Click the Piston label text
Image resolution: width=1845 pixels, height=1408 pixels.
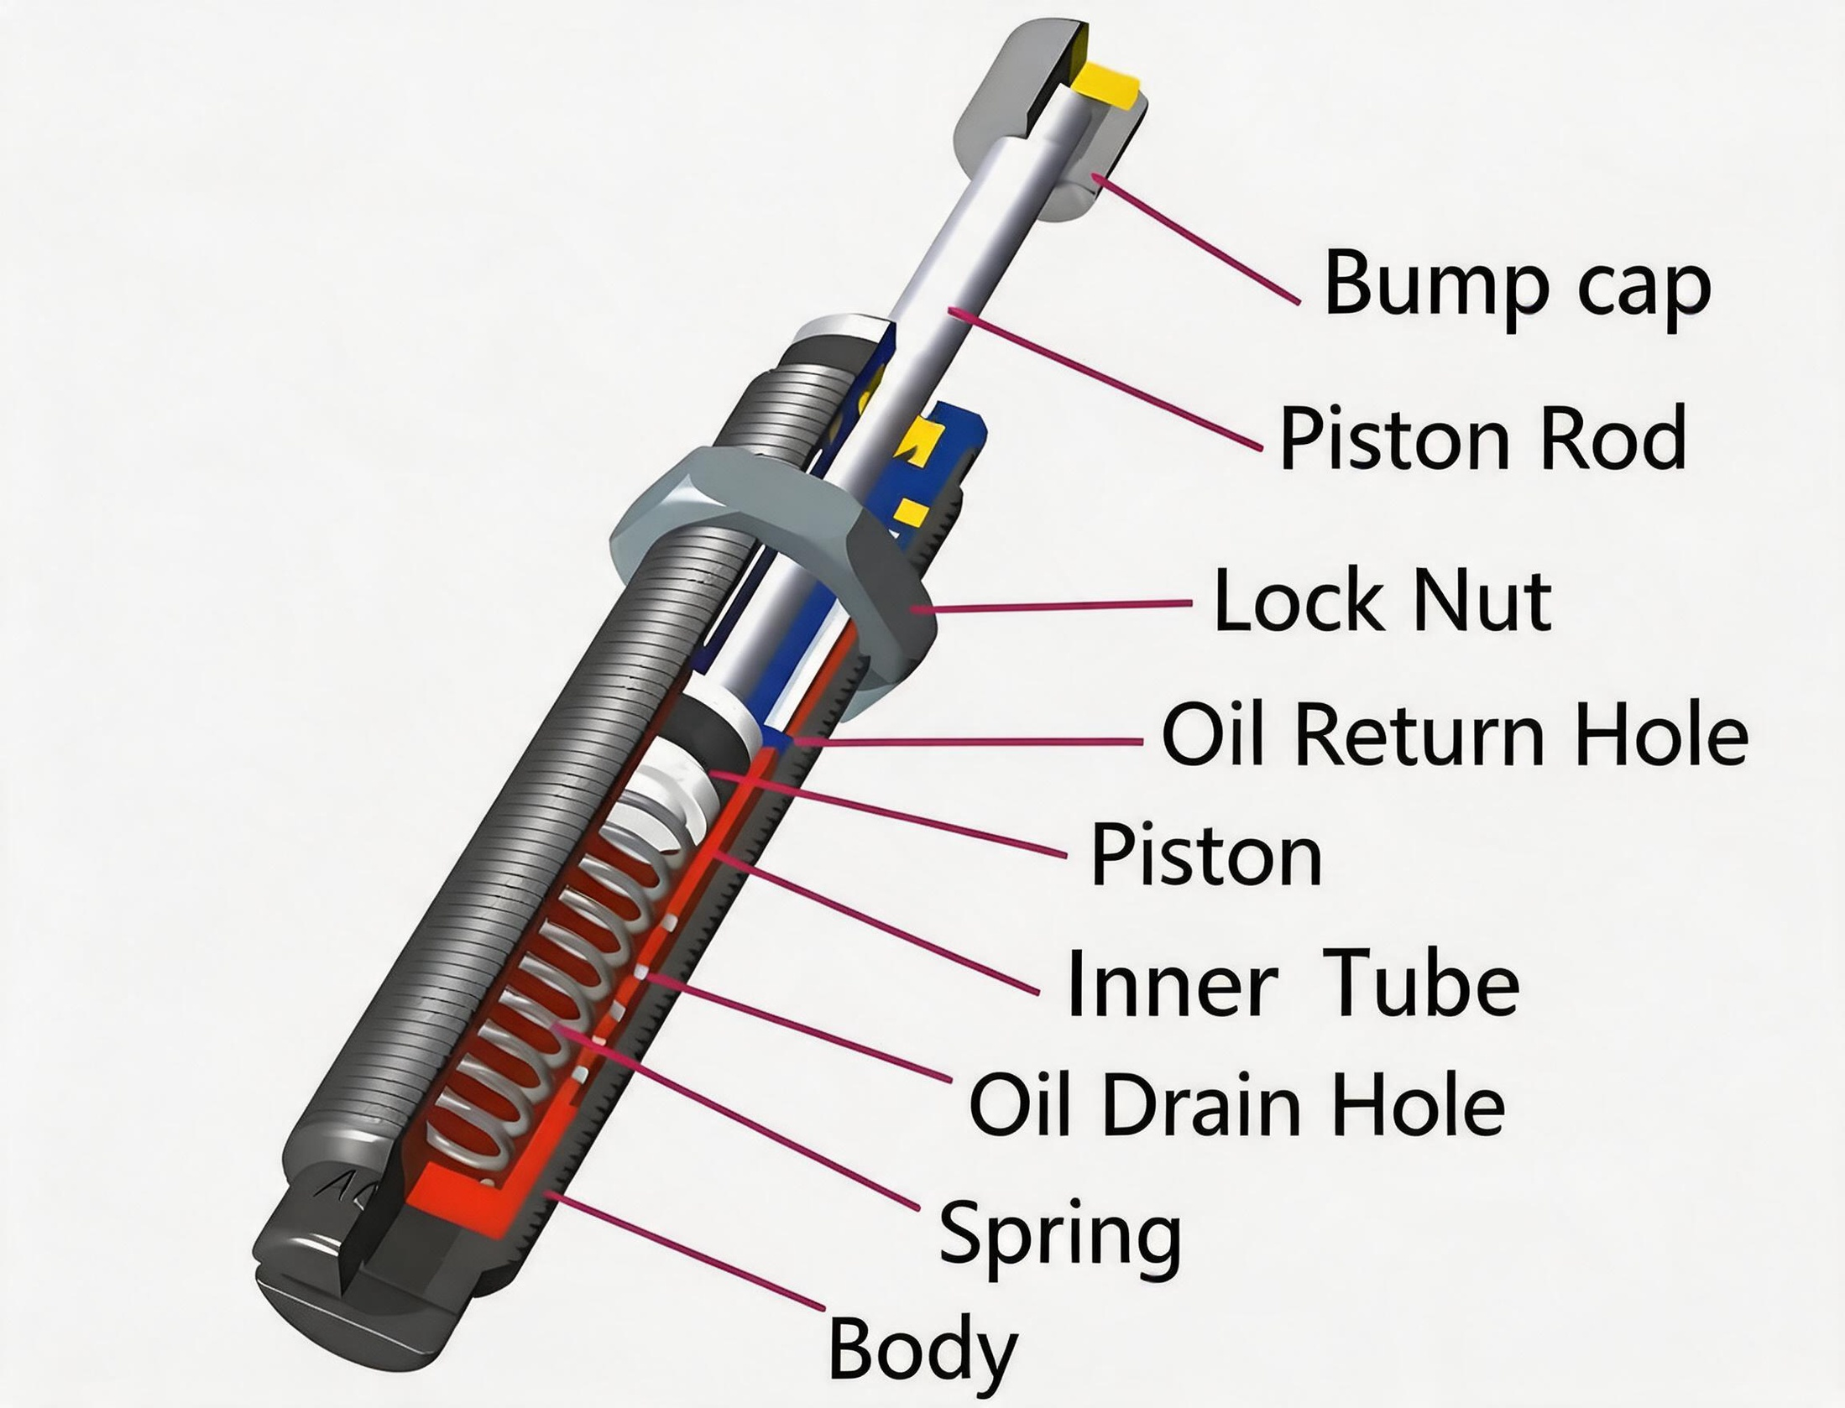point(1206,853)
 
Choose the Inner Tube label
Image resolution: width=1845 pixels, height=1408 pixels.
point(1293,983)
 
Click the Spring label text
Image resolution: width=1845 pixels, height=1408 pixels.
point(1060,1233)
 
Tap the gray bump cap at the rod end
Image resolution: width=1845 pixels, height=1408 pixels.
point(1049,117)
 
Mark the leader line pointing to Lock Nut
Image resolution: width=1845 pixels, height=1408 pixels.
point(1048,606)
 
